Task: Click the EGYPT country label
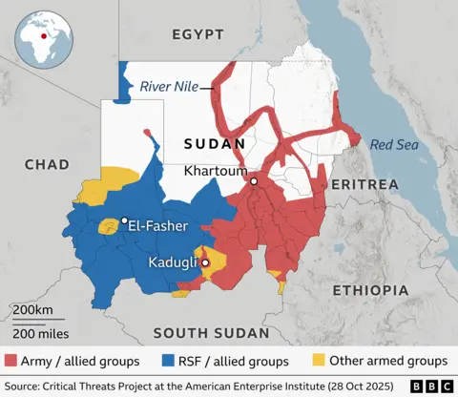tap(198, 35)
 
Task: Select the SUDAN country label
tap(215, 144)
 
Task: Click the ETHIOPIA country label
tap(369, 289)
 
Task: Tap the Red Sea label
tap(393, 145)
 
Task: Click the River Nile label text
tap(169, 87)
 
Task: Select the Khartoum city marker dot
tap(254, 180)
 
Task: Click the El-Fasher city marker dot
tap(124, 220)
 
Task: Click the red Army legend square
tap(10, 361)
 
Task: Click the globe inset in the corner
tap(42, 36)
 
